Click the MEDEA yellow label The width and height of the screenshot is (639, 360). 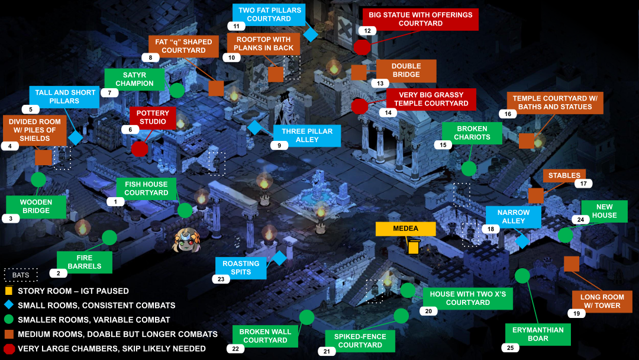coord(405,229)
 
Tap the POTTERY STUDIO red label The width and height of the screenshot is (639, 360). coord(153,117)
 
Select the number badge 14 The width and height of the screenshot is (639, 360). coord(388,113)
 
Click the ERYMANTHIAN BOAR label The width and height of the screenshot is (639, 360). coord(538,335)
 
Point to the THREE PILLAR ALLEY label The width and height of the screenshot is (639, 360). coord(307,136)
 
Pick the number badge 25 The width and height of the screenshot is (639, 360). coord(510,348)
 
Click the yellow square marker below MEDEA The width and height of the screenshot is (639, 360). coord(413,247)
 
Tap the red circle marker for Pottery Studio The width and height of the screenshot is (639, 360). coord(140,149)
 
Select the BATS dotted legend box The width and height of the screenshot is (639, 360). coord(20,275)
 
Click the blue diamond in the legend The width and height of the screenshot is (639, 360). coord(8,305)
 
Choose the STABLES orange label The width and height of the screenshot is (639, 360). coord(564,176)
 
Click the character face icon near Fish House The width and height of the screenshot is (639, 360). coord(187,240)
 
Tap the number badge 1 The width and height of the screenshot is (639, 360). coord(115,202)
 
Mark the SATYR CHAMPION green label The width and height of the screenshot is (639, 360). coord(134,79)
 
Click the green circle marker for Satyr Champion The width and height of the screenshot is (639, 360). coord(177,91)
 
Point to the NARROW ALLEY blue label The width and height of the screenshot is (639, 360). coord(514,217)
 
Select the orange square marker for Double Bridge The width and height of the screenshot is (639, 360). coord(359,73)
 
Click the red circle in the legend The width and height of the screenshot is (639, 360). coord(9,349)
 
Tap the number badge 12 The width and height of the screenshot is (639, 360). coord(367,31)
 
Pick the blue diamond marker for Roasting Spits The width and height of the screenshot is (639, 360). coord(279,259)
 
